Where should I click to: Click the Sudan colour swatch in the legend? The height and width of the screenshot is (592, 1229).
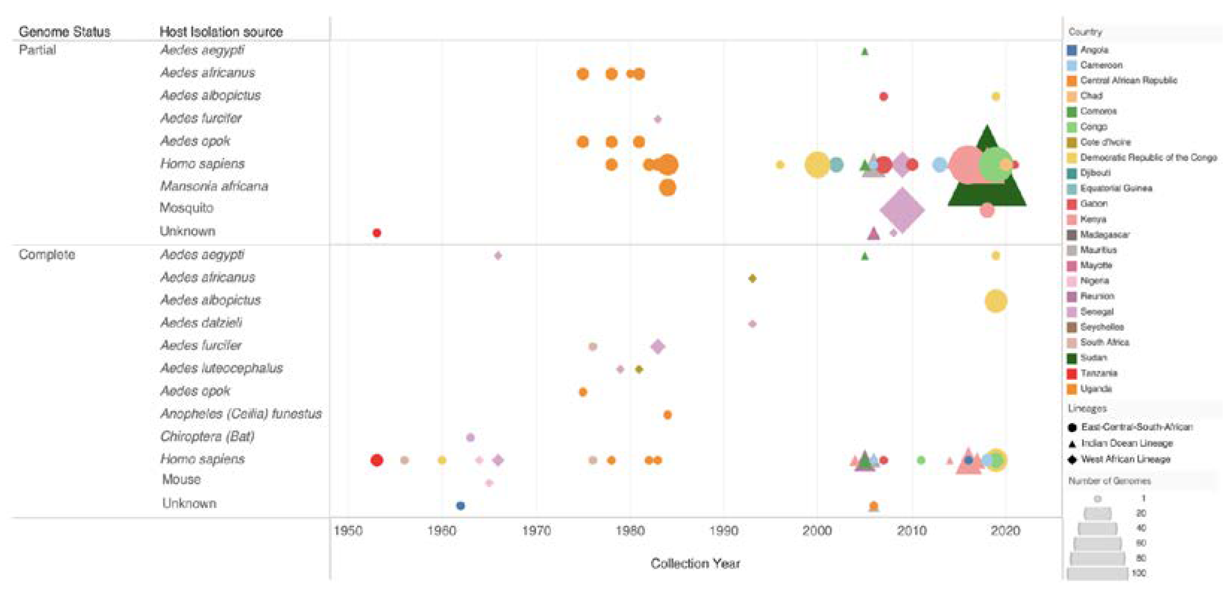[x=1072, y=358]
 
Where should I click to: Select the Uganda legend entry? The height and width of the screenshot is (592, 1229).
[x=1095, y=389]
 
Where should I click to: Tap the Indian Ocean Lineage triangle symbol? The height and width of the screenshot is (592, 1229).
[x=1072, y=444]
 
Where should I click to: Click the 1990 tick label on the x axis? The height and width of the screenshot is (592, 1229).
[x=723, y=530]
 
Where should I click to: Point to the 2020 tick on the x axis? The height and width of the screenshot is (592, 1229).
[x=1005, y=530]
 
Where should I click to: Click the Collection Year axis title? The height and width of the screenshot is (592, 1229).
[x=695, y=563]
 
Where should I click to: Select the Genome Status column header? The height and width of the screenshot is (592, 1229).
[x=65, y=32]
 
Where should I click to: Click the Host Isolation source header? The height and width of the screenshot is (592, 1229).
[x=221, y=32]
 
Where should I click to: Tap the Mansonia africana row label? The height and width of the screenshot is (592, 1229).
[x=214, y=186]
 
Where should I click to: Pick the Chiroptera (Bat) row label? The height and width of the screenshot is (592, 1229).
[x=207, y=436]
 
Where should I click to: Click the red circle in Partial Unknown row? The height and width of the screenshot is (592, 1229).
[x=376, y=233]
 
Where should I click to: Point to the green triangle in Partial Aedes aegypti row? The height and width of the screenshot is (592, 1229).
[x=864, y=51]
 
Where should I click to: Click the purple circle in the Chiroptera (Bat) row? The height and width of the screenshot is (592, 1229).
[x=470, y=438]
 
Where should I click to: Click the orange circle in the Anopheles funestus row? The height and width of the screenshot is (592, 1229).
[x=667, y=414]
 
